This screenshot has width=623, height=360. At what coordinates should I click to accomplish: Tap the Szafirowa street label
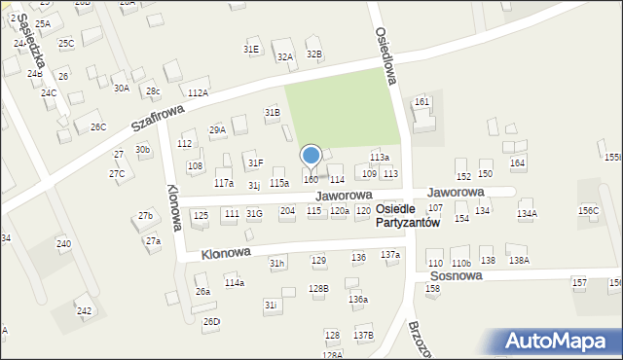pyautogui.click(x=159, y=119)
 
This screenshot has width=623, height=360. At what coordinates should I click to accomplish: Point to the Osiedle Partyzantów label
pyautogui.click(x=407, y=216)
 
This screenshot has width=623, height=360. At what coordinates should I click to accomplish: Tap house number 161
pyautogui.click(x=421, y=102)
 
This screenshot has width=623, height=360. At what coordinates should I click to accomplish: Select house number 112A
pyautogui.click(x=198, y=92)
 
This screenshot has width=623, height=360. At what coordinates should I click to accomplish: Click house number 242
pyautogui.click(x=85, y=311)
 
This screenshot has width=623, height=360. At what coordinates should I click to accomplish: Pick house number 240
pyautogui.click(x=63, y=243)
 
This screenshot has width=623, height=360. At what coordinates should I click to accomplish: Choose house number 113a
pyautogui.click(x=380, y=158)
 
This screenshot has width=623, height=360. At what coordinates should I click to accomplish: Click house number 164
pyautogui.click(x=518, y=162)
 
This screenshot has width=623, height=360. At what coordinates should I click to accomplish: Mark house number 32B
pyautogui.click(x=313, y=54)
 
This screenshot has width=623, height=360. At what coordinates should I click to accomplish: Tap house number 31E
pyautogui.click(x=251, y=49)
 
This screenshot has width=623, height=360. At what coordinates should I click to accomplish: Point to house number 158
pyautogui.click(x=432, y=289)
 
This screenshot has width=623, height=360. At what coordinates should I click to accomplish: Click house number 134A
pyautogui.click(x=527, y=213)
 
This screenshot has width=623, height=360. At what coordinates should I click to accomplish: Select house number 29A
pyautogui.click(x=217, y=129)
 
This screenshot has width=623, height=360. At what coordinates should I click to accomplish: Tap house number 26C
pyautogui.click(x=97, y=127)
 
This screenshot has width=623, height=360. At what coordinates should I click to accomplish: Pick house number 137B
pyautogui.click(x=363, y=335)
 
